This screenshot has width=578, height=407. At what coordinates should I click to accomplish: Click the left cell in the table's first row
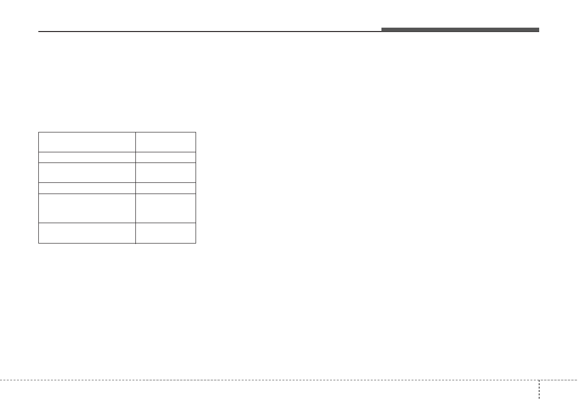click(x=87, y=142)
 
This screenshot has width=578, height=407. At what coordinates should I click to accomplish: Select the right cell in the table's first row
click(x=165, y=142)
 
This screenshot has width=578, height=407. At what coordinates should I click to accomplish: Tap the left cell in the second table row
click(x=87, y=157)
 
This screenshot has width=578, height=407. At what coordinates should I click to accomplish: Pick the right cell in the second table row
click(x=165, y=157)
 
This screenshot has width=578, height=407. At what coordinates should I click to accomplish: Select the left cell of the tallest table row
click(x=87, y=208)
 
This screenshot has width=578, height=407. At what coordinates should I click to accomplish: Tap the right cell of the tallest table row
click(x=165, y=208)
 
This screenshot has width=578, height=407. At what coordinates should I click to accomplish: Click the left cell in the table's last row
click(x=87, y=232)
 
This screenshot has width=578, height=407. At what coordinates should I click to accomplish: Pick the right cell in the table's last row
click(x=165, y=232)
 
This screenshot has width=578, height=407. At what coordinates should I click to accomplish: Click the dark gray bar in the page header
click(x=460, y=30)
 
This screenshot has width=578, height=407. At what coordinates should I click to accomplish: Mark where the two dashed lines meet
click(x=539, y=380)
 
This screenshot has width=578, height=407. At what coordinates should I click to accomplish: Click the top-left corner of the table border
click(x=39, y=132)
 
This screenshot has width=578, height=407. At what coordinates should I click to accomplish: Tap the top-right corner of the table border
click(x=196, y=132)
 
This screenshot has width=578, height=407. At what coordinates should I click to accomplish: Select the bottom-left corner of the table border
click(x=39, y=243)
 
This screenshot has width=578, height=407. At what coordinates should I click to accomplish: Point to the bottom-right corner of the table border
click(x=196, y=243)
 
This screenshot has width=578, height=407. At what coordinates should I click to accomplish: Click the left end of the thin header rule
click(x=39, y=32)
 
